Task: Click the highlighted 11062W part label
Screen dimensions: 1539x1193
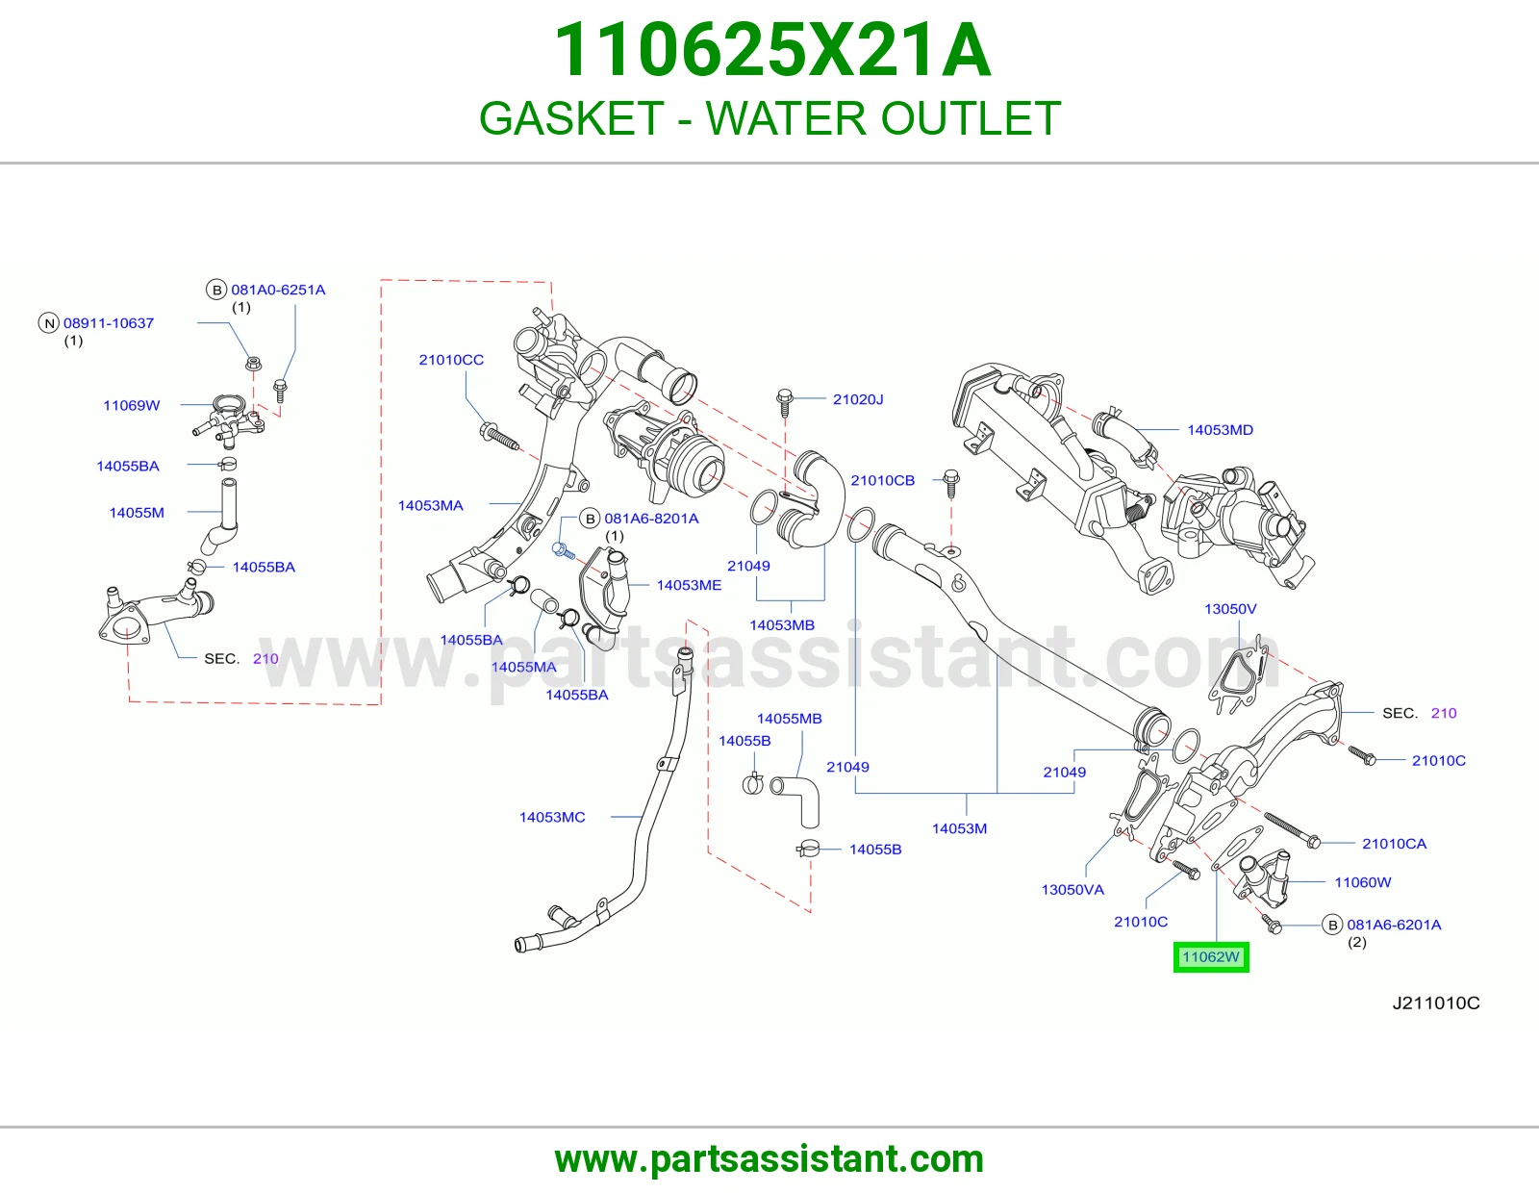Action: pos(1210,957)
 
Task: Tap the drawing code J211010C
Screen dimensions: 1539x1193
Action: pos(1435,1003)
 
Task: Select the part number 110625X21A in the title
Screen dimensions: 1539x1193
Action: pos(771,50)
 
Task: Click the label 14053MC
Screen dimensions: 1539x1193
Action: pos(552,817)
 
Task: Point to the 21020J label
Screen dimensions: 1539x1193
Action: pos(858,399)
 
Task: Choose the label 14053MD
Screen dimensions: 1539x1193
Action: pos(1220,429)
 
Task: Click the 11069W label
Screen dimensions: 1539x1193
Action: pos(132,405)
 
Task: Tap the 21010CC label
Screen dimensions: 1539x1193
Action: pos(451,359)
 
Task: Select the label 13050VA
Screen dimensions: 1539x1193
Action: pos(1072,889)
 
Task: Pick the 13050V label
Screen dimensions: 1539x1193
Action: pos(1230,609)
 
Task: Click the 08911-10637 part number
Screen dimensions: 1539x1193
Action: pos(109,323)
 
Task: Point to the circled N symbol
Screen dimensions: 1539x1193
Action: pos(48,324)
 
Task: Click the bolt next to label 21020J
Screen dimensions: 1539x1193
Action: pos(784,402)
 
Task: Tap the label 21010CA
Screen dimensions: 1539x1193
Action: pos(1394,843)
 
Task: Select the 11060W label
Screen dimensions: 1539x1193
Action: pos(1363,882)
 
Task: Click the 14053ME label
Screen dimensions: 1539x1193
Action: pos(689,584)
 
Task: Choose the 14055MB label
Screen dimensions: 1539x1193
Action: pos(789,719)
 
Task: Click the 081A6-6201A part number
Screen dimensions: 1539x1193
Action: pos(1393,925)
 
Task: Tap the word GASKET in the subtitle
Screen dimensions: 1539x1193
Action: pos(571,117)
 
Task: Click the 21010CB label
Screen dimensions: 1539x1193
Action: pos(882,480)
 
